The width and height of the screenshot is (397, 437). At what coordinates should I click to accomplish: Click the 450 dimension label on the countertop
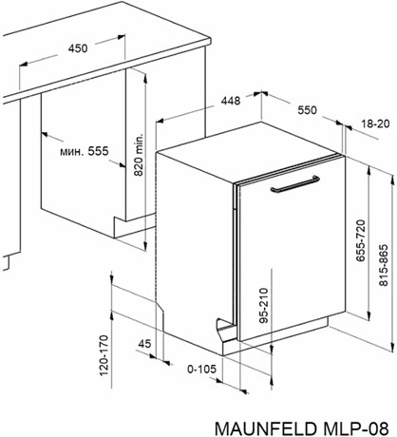pyautogui.click(x=78, y=48)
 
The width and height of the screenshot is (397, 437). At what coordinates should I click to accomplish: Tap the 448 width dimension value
pyautogui.click(x=231, y=101)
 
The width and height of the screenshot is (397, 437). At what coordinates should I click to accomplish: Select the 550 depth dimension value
pyautogui.click(x=307, y=110)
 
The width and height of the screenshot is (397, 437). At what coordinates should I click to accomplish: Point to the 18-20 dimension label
pyautogui.click(x=376, y=123)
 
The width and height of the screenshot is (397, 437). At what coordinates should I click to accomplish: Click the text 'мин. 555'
pyautogui.click(x=85, y=151)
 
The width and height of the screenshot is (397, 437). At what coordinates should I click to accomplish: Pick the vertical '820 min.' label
pyautogui.click(x=139, y=154)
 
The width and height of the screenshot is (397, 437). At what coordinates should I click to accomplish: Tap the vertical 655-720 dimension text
pyautogui.click(x=361, y=240)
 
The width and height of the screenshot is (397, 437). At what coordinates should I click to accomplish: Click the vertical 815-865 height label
pyautogui.click(x=384, y=265)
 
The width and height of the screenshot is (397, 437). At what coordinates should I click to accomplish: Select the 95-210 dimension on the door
pyautogui.click(x=263, y=305)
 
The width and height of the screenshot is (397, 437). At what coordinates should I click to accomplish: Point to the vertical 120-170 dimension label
pyautogui.click(x=104, y=355)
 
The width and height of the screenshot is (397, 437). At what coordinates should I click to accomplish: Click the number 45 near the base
pyautogui.click(x=144, y=344)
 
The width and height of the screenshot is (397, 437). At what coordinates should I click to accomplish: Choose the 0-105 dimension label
pyautogui.click(x=201, y=369)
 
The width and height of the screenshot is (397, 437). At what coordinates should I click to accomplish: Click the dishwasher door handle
pyautogui.click(x=294, y=183)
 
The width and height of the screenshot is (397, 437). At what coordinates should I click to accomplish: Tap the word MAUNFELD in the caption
pyautogui.click(x=265, y=428)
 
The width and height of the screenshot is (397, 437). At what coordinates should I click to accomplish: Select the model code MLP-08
pyautogui.click(x=356, y=428)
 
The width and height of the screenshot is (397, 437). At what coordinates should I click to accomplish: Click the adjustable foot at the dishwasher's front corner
pyautogui.click(x=226, y=330)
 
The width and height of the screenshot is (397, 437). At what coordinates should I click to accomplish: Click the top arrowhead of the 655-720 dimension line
pyautogui.click(x=369, y=170)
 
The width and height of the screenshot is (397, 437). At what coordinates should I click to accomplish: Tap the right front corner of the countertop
pyautogui.click(x=210, y=42)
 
